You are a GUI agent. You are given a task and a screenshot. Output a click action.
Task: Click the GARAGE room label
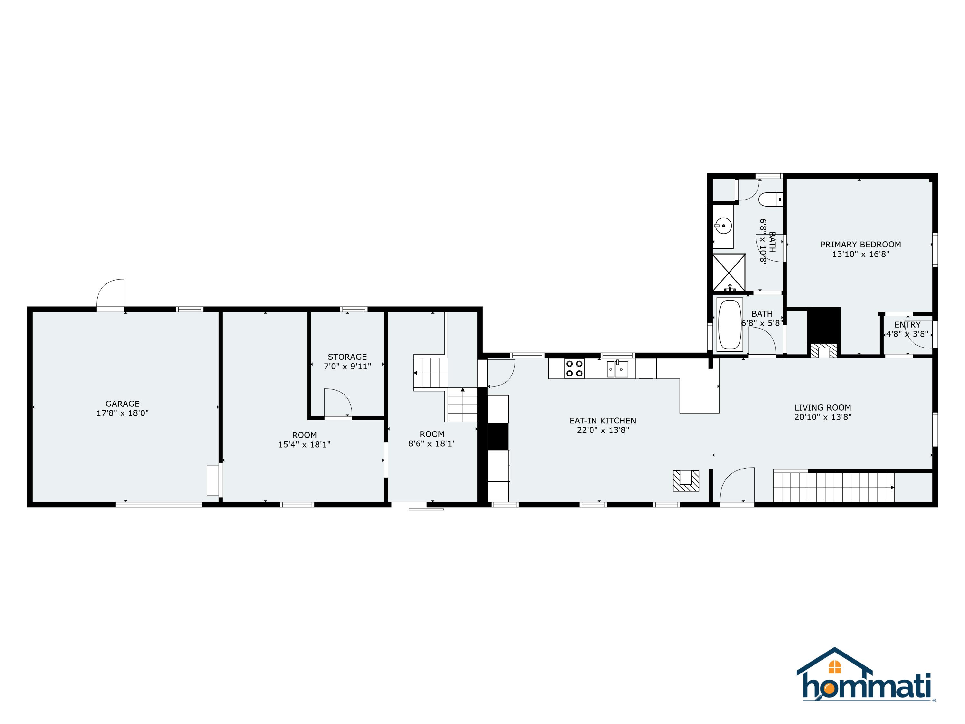[x=123, y=404]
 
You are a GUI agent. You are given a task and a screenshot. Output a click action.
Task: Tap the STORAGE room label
[x=347, y=357]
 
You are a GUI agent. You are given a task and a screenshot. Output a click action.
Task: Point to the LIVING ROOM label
[x=823, y=408]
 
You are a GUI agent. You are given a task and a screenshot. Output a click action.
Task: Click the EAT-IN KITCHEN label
[x=602, y=421]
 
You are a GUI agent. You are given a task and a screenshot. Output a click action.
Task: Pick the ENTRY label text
[x=907, y=325]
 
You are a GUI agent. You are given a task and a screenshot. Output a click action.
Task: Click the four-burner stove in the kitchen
[x=574, y=368]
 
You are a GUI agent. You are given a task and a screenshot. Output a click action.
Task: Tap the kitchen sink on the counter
[x=617, y=369]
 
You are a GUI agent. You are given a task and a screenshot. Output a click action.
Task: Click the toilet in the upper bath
[x=770, y=200]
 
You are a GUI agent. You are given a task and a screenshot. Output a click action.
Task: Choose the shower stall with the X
[x=729, y=272]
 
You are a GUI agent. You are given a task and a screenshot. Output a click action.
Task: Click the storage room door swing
[x=338, y=402]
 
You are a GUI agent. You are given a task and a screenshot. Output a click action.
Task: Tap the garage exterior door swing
[x=110, y=293]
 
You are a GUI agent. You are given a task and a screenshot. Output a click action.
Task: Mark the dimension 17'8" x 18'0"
[x=123, y=413]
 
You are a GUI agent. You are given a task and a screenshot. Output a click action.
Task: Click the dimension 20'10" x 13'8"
[x=823, y=417]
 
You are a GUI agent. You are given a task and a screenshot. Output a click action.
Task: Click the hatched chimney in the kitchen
[x=686, y=480]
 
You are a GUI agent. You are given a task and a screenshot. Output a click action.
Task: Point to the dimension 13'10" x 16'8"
[x=860, y=254]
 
